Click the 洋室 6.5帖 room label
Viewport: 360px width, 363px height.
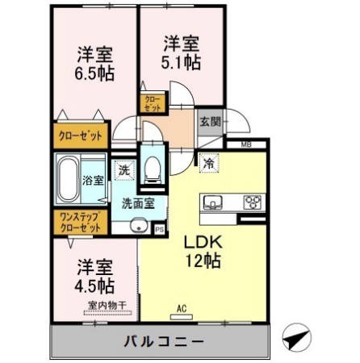pyautogui.click(x=94, y=64)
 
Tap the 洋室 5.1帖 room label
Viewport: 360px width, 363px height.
pyautogui.click(x=181, y=53)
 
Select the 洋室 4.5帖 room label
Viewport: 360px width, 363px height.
pyautogui.click(x=94, y=277)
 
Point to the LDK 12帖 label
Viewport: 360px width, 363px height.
pyautogui.click(x=203, y=252)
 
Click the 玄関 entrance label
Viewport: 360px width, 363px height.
pyautogui.click(x=210, y=122)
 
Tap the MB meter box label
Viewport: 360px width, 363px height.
pyautogui.click(x=246, y=144)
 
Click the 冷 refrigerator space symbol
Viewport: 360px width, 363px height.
pyautogui.click(x=209, y=163)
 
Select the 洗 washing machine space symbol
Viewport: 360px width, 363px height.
pyautogui.click(x=124, y=170)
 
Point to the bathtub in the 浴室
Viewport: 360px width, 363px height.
pyautogui.click(x=69, y=179)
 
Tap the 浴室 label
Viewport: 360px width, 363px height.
pyautogui.click(x=93, y=181)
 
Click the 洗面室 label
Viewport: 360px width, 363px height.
pyautogui.click(x=138, y=203)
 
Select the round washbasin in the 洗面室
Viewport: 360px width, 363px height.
pyautogui.click(x=139, y=226)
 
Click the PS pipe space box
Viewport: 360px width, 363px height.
pyautogui.click(x=160, y=230)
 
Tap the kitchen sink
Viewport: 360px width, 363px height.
pyautogui.click(x=213, y=202)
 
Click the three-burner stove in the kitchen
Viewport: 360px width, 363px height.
pyautogui.click(x=253, y=202)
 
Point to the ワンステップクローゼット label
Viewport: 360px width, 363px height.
pyautogui.click(x=81, y=222)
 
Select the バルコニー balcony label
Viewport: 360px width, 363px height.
pyautogui.click(x=164, y=341)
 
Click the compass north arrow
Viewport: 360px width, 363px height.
pyautogui.click(x=296, y=337)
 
